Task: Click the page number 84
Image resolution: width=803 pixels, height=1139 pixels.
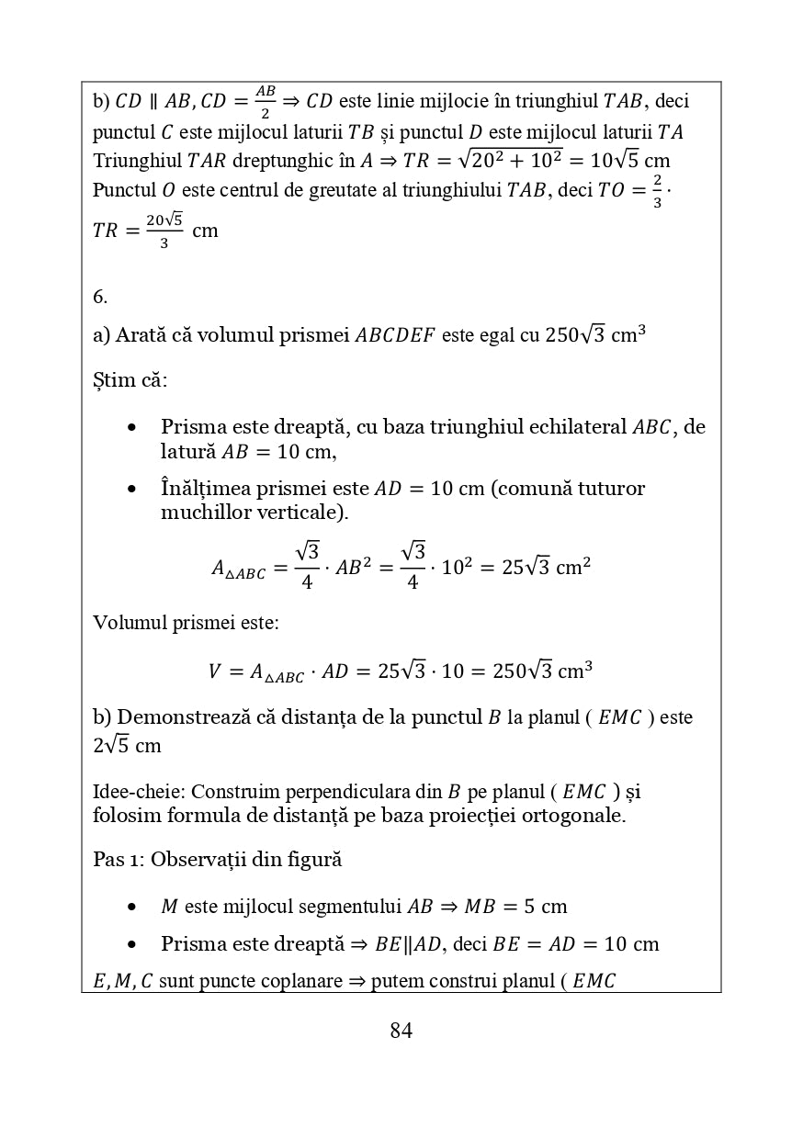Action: tap(401, 1031)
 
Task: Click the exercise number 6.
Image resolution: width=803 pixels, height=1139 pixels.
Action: tap(100, 297)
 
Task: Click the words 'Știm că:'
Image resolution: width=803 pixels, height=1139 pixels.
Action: tap(130, 380)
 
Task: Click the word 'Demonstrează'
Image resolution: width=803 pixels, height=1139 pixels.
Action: tap(180, 717)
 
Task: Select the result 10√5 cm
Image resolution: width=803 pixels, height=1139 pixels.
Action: tap(629, 160)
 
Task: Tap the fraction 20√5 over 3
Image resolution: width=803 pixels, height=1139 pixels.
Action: tap(164, 230)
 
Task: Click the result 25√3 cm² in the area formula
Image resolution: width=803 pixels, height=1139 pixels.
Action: tap(546, 567)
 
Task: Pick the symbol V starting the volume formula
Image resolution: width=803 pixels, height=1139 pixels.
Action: tap(214, 671)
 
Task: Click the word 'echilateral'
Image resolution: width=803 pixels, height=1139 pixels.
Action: tap(582, 427)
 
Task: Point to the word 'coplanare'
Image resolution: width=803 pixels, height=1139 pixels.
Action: tap(297, 981)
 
